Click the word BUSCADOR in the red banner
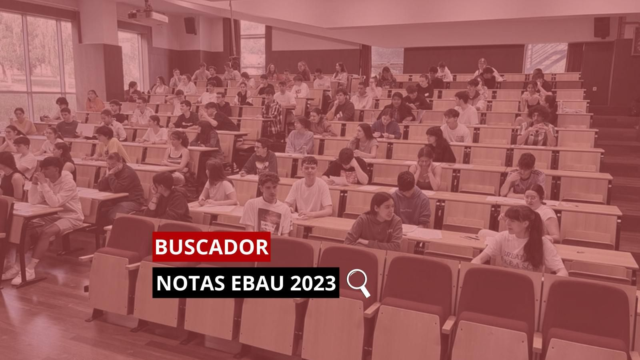click(212, 247)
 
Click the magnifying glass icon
click(358, 282)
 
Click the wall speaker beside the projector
click(190, 25)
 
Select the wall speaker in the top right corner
click(601, 27)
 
